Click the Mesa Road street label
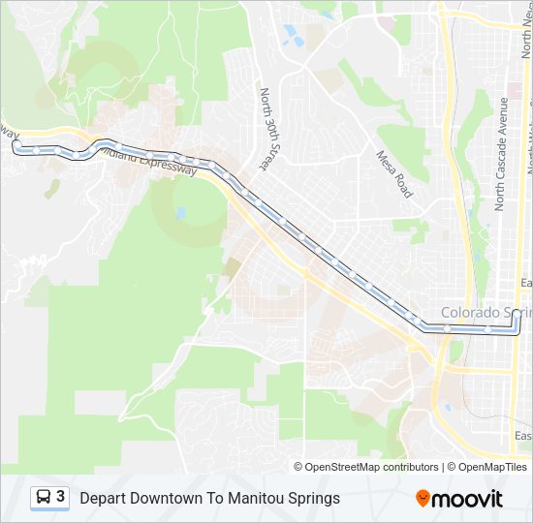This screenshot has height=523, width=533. click(x=395, y=173)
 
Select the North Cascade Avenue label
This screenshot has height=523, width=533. click(x=501, y=154)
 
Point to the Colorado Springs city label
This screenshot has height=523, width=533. click(x=486, y=313)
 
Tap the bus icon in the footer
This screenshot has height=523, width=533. click(x=44, y=498)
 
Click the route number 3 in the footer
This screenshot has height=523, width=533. click(x=61, y=497)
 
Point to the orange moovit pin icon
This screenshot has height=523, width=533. click(x=423, y=498)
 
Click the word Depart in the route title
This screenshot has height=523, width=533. click(x=103, y=498)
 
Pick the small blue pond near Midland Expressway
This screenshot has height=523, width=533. click(x=180, y=212)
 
